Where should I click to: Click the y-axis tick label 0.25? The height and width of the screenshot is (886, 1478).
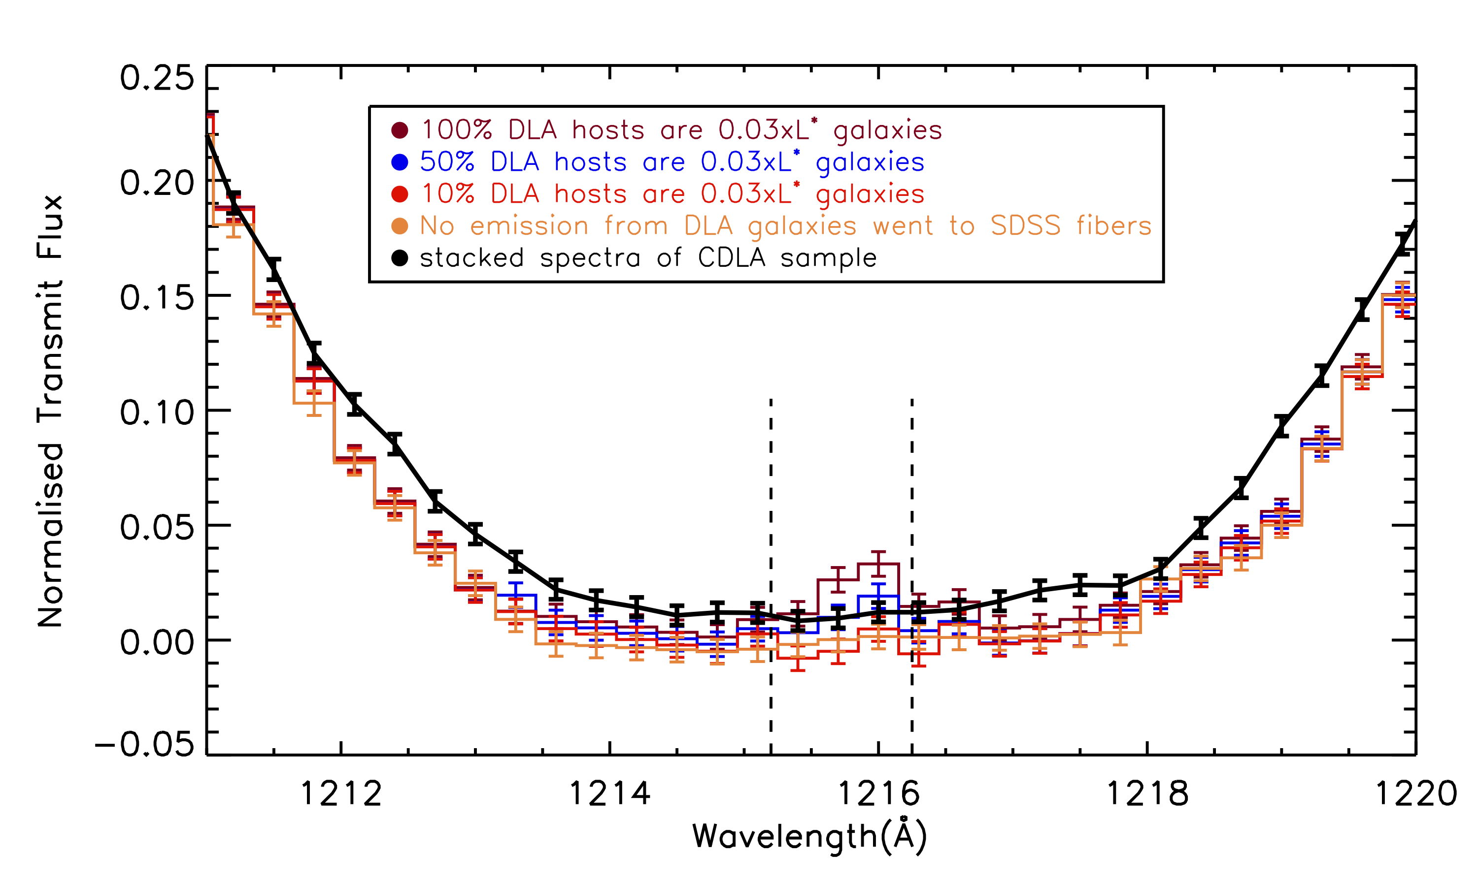coord(157,78)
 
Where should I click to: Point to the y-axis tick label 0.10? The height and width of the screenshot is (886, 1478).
coord(157,412)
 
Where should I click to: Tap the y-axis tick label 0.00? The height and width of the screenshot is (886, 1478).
coord(157,642)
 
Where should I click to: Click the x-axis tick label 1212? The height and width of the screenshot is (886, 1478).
coord(340,794)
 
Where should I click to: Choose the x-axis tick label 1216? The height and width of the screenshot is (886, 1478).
coord(878,794)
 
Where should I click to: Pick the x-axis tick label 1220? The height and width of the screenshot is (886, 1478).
coord(1416,794)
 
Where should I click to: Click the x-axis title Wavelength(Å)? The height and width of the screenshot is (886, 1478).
coord(809,837)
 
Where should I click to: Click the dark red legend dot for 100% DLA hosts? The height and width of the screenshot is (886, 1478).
coord(400,130)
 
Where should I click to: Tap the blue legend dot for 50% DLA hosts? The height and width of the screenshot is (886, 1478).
coord(400,162)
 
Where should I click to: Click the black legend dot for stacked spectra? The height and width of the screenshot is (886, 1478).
coord(400,258)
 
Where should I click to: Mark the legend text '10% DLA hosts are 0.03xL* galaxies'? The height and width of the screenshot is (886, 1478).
coord(672,194)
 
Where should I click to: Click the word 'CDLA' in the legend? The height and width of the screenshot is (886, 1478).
coord(731,258)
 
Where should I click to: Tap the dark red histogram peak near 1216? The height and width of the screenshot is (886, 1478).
coord(878,564)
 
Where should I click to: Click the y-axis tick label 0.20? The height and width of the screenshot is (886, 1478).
coord(157,183)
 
